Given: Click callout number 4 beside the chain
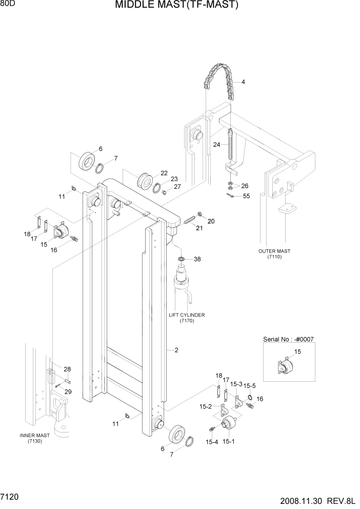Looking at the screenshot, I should pos(243,82).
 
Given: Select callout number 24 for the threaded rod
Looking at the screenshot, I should pos(217,145).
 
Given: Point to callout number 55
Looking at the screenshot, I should pos(246,196).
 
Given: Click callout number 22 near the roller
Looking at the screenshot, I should pos(164,173).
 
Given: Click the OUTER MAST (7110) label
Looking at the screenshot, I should pos(274,254).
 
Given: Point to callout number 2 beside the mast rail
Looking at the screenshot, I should pos(176,350).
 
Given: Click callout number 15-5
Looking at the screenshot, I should pos(249,385).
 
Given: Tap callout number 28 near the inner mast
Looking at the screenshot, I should pos(67,369).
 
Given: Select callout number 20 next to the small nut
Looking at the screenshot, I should pos(211,221).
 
